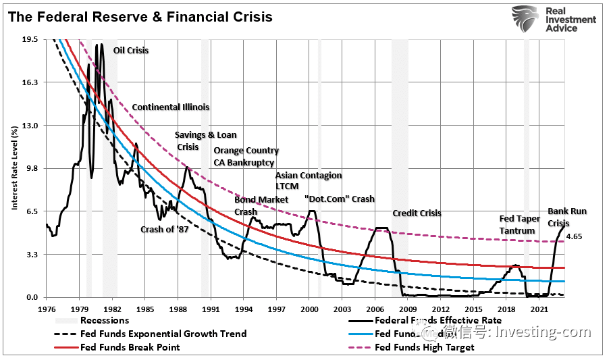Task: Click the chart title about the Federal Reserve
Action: point(140,17)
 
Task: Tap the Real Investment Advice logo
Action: point(554,20)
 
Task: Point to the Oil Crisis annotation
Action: point(131,51)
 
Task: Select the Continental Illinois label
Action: point(170,107)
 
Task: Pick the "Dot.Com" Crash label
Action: point(339,199)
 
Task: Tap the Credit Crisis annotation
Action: point(417,213)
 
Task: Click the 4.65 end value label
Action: point(574,237)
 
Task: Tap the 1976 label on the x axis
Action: point(47,309)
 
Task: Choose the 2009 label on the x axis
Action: point(408,309)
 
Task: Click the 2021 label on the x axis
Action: point(539,309)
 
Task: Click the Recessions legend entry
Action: point(104,320)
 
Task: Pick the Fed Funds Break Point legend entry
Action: point(130,347)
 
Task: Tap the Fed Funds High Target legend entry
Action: point(424,347)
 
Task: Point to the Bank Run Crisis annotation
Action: point(566,217)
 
